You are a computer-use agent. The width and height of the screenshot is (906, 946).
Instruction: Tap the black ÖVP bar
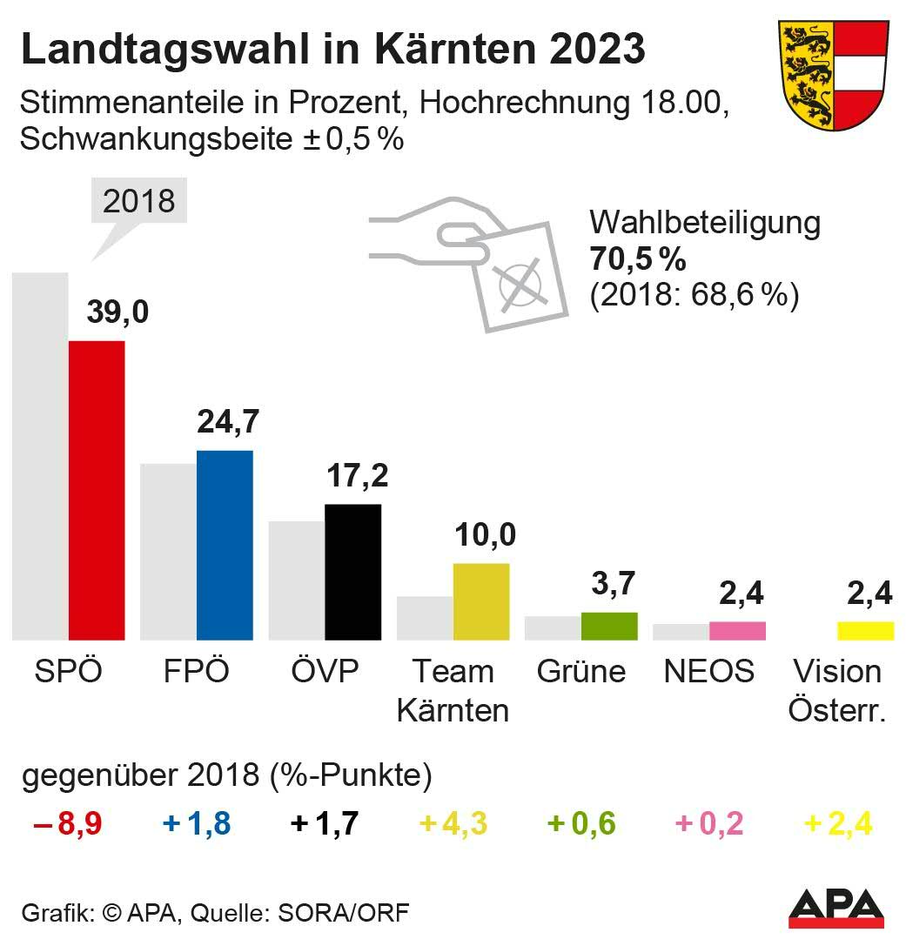pyautogui.click(x=352, y=572)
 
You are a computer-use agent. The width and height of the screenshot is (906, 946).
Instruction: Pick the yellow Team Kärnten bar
pyautogui.click(x=480, y=601)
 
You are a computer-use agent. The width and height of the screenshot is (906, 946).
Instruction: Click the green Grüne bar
pyautogui.click(x=609, y=626)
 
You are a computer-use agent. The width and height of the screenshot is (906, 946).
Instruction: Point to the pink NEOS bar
pyautogui.click(x=737, y=630)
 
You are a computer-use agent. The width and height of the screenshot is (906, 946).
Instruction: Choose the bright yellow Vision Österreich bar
pyautogui.click(x=865, y=630)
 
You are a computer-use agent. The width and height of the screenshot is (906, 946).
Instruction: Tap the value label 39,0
pyautogui.click(x=117, y=312)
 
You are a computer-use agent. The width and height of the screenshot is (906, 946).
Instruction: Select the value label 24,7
pyautogui.click(x=228, y=422)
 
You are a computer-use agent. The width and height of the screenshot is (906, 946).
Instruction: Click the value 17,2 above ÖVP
pyautogui.click(x=357, y=476)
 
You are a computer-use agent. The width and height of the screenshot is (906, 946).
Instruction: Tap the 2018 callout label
pyautogui.click(x=138, y=201)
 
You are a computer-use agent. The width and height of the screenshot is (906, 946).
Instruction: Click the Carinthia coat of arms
pyautogui.click(x=833, y=75)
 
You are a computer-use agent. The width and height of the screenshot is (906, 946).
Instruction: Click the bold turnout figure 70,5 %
pyautogui.click(x=638, y=259)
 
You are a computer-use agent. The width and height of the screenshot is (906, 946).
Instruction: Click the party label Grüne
pyautogui.click(x=581, y=672)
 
